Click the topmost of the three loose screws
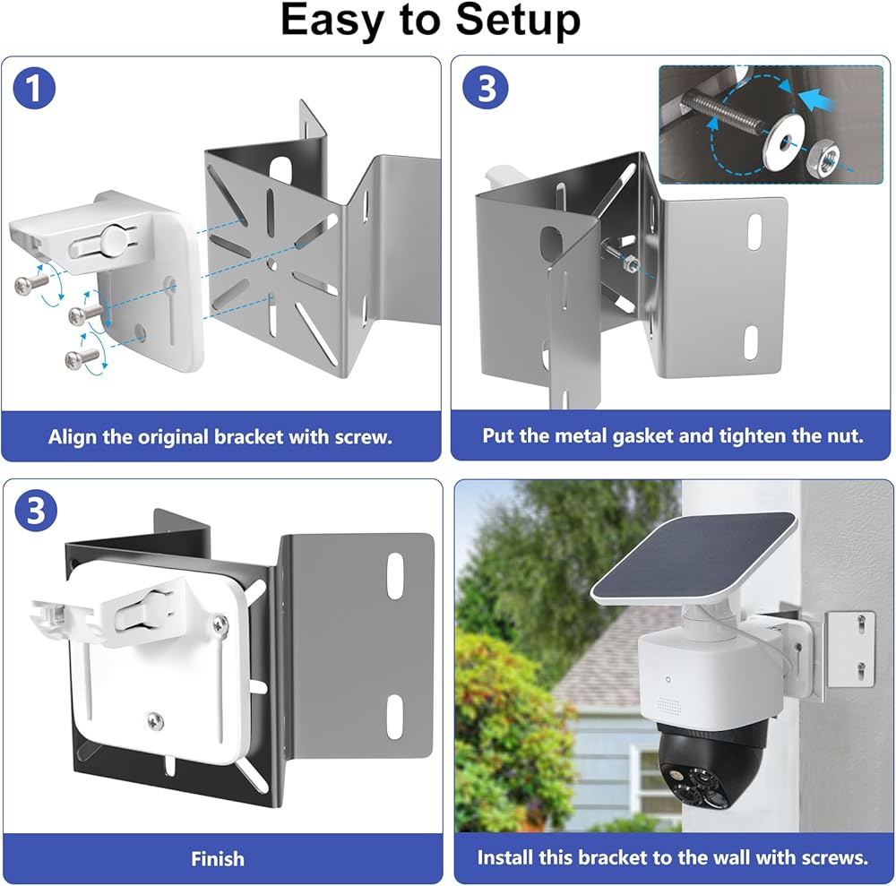(x=30, y=282)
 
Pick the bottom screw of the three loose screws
(x=81, y=357)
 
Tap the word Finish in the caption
(x=218, y=859)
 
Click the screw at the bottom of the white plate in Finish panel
(x=154, y=718)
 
